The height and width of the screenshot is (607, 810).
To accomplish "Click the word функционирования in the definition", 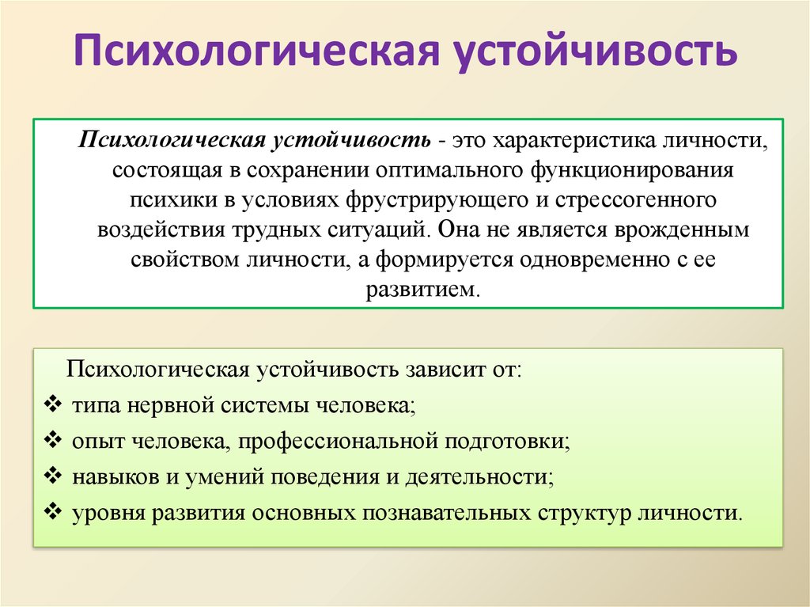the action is click(x=632, y=171).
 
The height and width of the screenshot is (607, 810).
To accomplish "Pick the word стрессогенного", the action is click(x=636, y=200).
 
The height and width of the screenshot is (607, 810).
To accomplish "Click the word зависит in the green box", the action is click(x=445, y=370).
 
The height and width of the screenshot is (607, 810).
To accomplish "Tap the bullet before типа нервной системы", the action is click(x=53, y=404).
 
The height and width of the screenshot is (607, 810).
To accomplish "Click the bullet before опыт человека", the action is click(x=53, y=440).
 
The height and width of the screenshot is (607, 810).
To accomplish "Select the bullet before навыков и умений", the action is click(x=53, y=476).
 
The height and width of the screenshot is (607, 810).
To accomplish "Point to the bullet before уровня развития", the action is click(x=53, y=512).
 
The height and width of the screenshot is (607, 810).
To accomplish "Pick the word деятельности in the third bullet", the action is click(x=479, y=476).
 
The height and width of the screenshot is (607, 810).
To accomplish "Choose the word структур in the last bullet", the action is click(x=585, y=514).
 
